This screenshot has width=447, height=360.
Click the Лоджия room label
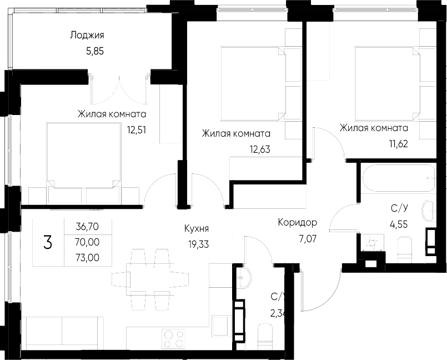pos(87,36)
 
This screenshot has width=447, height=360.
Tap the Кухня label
pos(197,228)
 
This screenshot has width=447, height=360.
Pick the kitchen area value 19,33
pos(197,243)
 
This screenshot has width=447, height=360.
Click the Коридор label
pos(298,223)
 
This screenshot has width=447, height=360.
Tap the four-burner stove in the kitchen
pos(174,338)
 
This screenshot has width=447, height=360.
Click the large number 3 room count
pos(48,242)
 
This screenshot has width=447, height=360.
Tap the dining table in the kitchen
pos(147,277)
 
